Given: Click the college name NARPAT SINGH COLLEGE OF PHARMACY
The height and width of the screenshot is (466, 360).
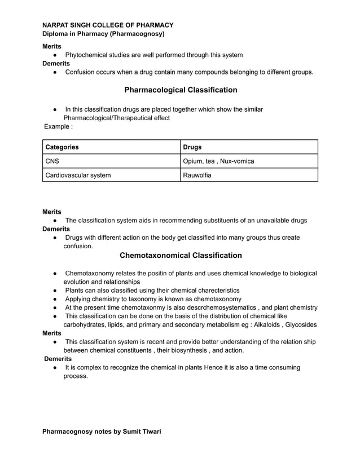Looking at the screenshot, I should point(108,25).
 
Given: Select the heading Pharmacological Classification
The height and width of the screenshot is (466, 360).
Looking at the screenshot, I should point(181,90).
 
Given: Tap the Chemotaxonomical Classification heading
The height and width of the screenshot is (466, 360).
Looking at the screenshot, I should point(181,256).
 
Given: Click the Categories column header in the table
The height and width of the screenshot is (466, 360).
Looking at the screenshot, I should point(62,147).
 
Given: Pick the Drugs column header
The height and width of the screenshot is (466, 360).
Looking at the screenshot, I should point(192,147).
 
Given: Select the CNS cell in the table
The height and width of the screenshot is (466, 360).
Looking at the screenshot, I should point(52,161).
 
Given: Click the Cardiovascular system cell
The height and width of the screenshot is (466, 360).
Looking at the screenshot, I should point(78,175).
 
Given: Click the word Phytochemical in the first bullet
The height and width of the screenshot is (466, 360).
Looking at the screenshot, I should point(87,55).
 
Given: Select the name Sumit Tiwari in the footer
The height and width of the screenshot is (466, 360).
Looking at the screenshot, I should point(140,432).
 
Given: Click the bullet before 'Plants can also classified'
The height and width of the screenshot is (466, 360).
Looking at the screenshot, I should point(55,290).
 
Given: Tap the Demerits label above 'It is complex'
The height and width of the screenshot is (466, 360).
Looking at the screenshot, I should point(58,359).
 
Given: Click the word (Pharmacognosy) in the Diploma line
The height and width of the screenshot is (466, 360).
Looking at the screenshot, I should point(137,34).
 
